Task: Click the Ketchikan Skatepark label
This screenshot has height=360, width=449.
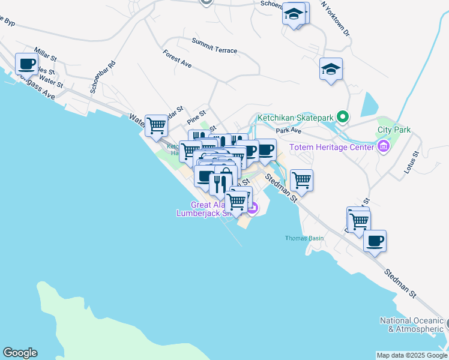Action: click(295, 117)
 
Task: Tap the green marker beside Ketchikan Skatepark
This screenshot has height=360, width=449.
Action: click(343, 116)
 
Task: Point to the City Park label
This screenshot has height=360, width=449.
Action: click(394, 130)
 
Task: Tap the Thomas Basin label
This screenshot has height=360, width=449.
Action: click(304, 238)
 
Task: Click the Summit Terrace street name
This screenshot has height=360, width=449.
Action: click(214, 46)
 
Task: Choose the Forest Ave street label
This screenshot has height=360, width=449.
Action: click(176, 58)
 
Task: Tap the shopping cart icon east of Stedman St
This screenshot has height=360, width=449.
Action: click(301, 179)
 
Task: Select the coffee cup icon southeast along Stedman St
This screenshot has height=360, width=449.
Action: click(375, 241)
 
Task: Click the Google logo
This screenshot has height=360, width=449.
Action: click(20, 353)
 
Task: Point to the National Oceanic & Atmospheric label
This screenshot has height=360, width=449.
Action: click(411, 325)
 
